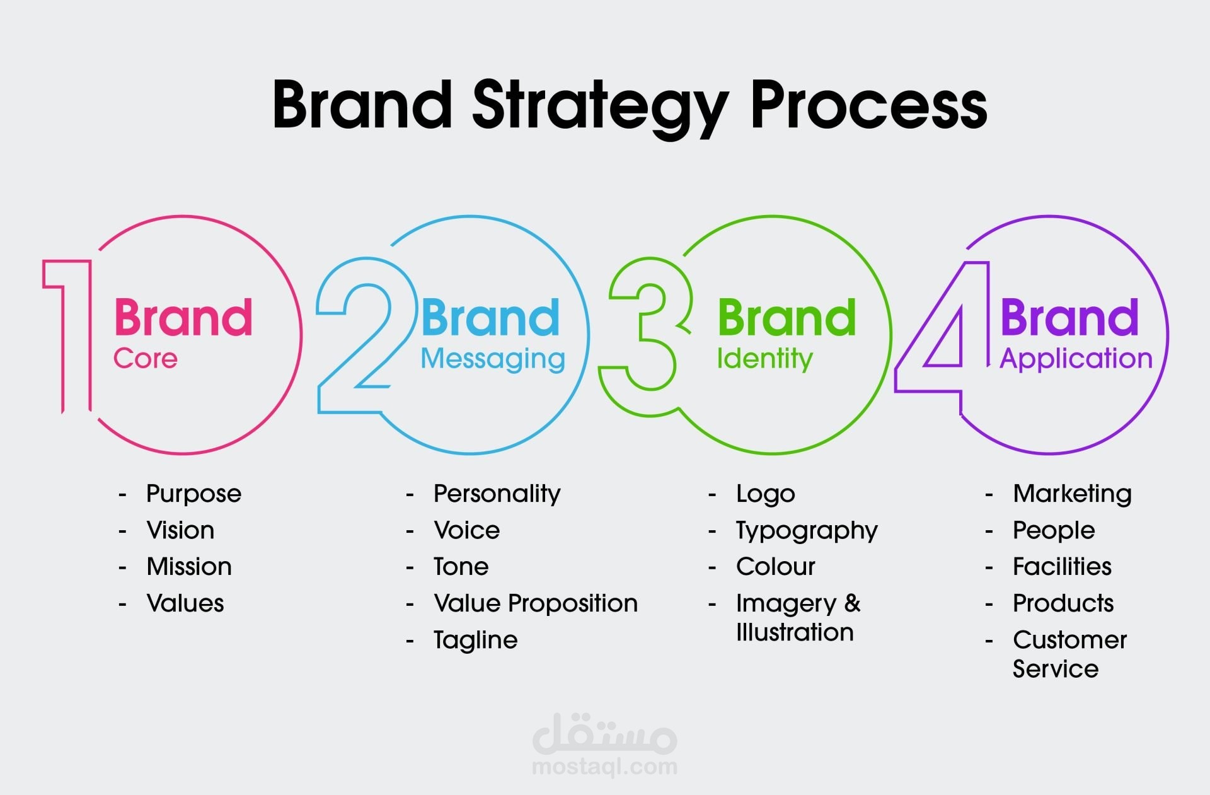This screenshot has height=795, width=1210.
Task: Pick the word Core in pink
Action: pyautogui.click(x=146, y=359)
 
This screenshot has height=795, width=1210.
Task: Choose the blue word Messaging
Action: pyautogui.click(x=493, y=359)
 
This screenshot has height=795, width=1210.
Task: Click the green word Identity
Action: pyautogui.click(x=765, y=359)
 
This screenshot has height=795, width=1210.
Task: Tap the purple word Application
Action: pyautogui.click(x=1076, y=359)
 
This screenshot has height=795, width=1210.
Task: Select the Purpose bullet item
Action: pyautogui.click(x=193, y=494)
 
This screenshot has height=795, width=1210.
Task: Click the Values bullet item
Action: pyautogui.click(x=185, y=603)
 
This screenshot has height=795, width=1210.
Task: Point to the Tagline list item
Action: pyautogui.click(x=475, y=641)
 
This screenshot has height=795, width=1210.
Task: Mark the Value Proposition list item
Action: pyautogui.click(x=536, y=603)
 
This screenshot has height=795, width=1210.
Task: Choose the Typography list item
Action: pyautogui.click(x=807, y=531)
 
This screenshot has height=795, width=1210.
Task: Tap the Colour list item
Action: pyautogui.click(x=776, y=567)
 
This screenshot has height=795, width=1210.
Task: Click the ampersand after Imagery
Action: pyautogui.click(x=853, y=603)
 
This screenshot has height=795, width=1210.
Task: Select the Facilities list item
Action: pyautogui.click(x=1062, y=567)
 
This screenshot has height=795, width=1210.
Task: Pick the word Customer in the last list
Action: pyautogui.click(x=1069, y=640)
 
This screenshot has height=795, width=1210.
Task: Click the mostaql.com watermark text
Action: pyautogui.click(x=605, y=767)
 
